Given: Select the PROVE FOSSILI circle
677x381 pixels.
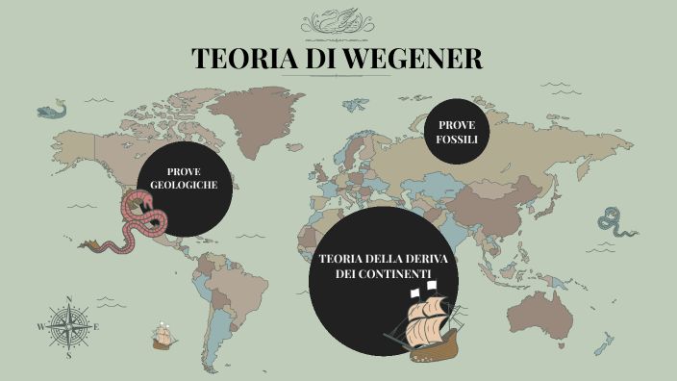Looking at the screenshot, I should pos(457,132).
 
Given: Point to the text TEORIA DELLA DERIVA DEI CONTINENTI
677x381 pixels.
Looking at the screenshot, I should pos(377,267).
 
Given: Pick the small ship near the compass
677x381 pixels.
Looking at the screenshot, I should pos(164,337).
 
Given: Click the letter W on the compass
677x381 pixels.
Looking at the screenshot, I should pos(41,327).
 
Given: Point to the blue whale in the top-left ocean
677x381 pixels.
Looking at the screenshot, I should pos(57,108).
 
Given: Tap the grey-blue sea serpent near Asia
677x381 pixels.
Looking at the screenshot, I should pos(613,223).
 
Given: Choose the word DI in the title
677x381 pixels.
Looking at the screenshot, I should pos(316,59).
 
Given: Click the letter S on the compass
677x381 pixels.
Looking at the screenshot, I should pos(68,355).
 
